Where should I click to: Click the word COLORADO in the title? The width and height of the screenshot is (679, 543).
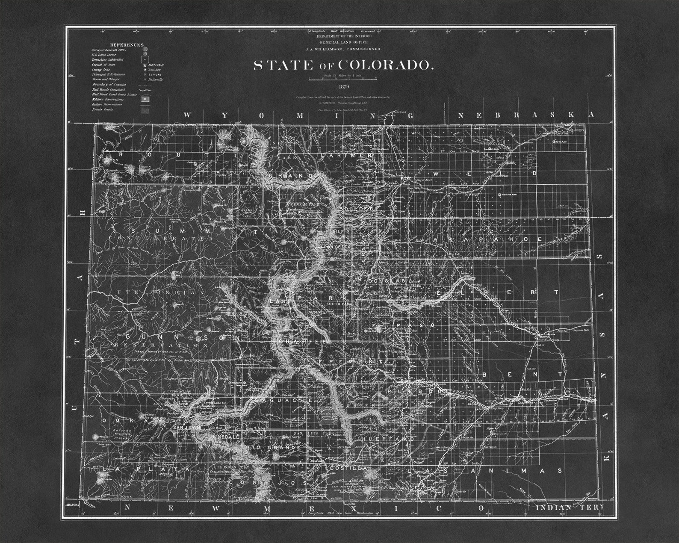tap(386, 65)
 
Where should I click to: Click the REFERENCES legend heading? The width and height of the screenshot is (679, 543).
tap(127, 45)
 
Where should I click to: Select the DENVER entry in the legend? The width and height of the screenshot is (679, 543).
tap(156, 65)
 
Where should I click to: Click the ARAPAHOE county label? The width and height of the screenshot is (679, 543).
tap(487, 239)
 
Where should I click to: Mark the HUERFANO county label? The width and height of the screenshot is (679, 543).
tap(388, 439)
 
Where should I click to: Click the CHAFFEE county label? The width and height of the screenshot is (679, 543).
tap(303, 342)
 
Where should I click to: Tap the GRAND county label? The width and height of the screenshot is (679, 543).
tap(291, 176)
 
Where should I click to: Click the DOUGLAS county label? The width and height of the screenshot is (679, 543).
tap(386, 281)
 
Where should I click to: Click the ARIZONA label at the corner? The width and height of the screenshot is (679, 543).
tap(73, 505)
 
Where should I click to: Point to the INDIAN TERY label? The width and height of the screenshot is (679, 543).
tap(570, 508)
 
